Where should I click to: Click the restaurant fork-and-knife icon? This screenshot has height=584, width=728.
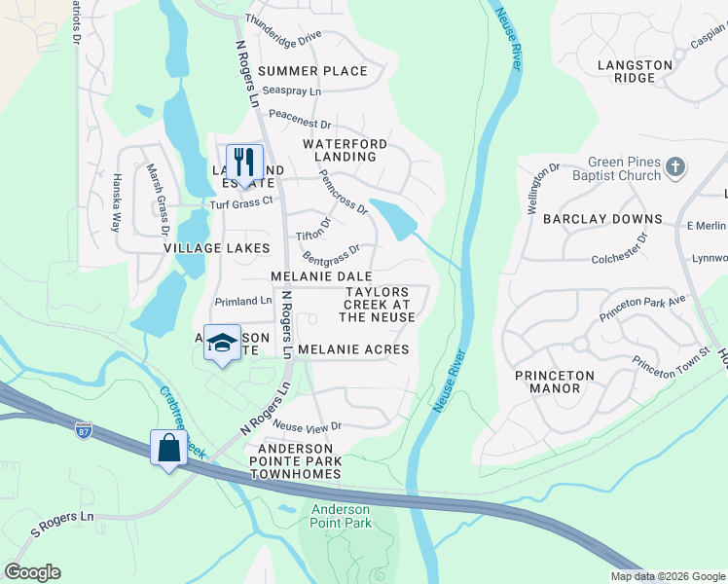tap(244, 161)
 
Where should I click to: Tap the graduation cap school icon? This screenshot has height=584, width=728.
tap(223, 343)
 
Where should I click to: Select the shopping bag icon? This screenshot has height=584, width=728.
tap(169, 448)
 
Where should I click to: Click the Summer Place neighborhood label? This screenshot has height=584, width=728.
tap(312, 71)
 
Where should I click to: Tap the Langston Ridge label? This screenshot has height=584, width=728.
tap(635, 71)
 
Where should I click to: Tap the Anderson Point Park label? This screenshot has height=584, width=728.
tap(341, 516)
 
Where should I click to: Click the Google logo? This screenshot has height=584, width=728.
tap(32, 572)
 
